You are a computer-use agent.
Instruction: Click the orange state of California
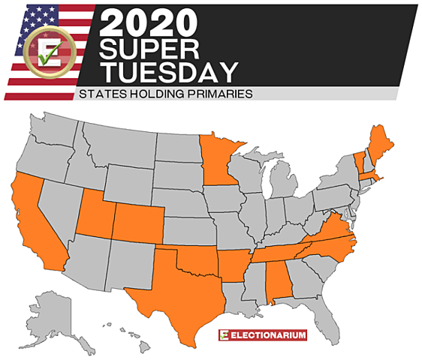click(x=35, y=225)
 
